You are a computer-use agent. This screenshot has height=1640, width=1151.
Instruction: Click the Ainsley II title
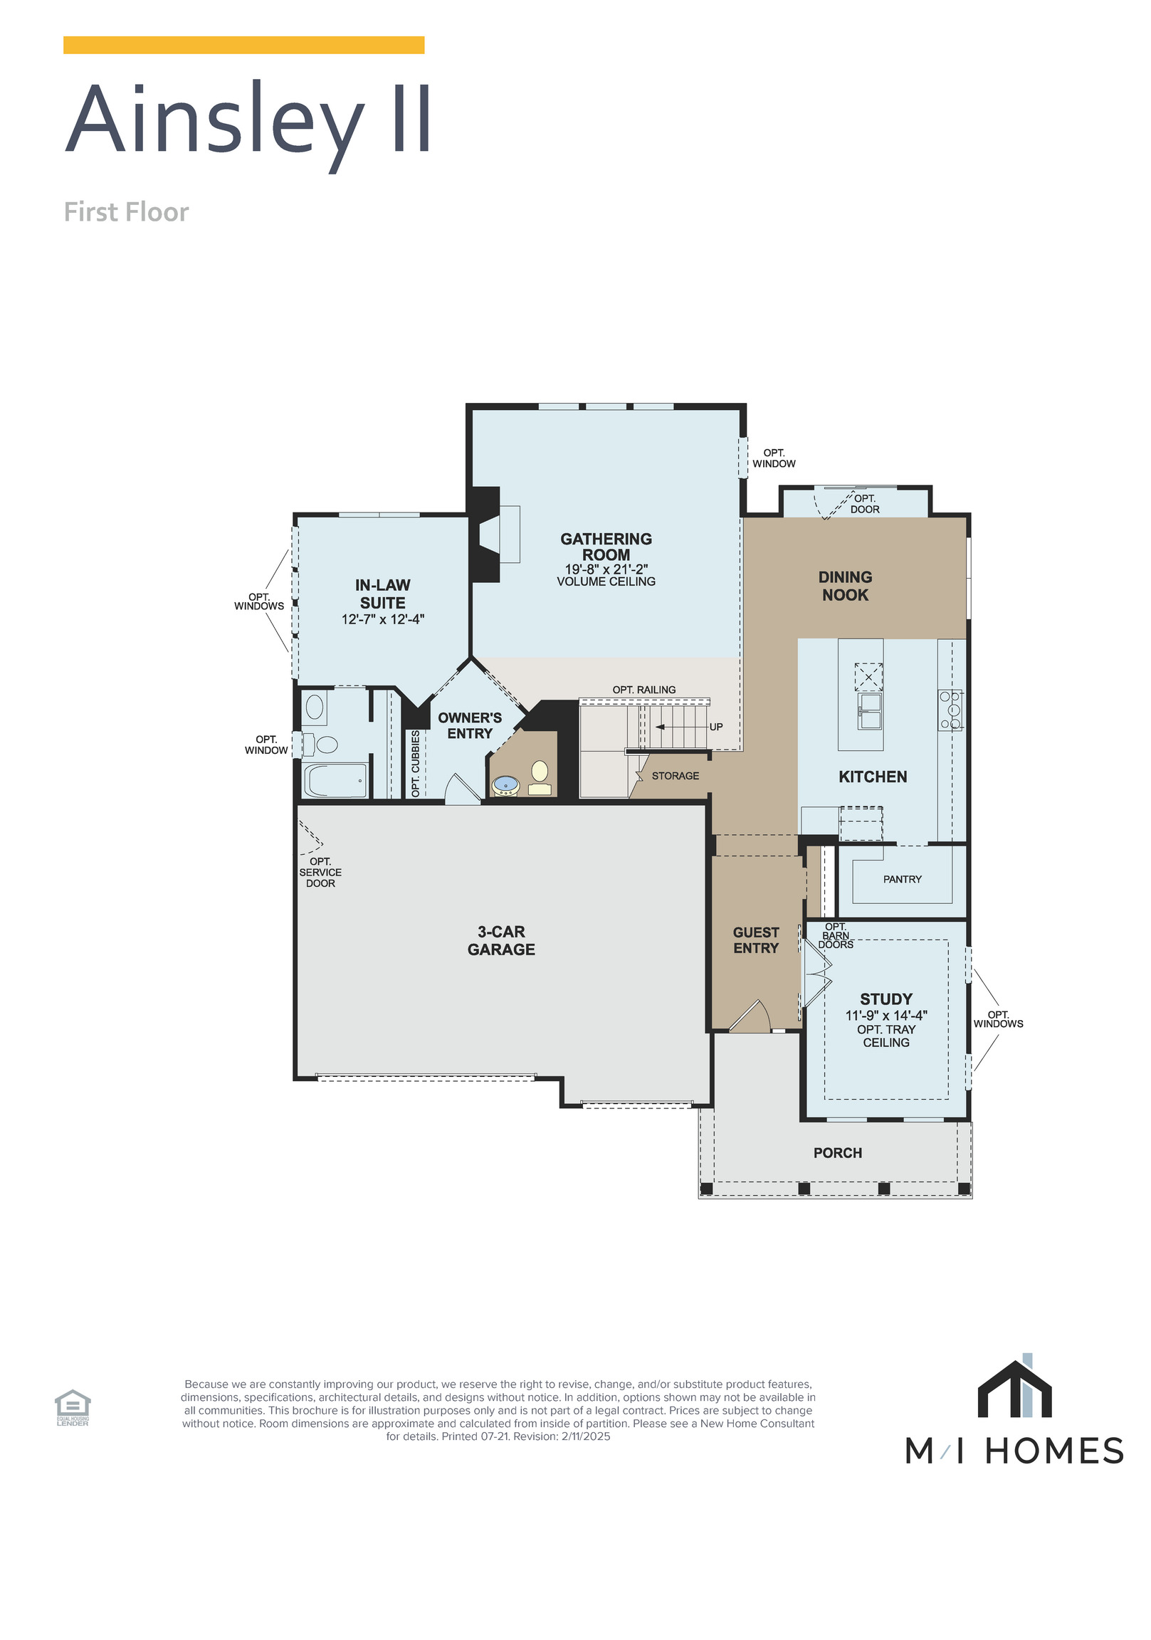[248, 120]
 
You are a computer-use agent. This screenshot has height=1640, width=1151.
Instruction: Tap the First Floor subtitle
[126, 212]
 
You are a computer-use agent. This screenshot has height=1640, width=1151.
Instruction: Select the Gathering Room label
[605, 547]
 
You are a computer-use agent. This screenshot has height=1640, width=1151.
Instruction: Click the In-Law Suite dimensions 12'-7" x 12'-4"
[382, 619]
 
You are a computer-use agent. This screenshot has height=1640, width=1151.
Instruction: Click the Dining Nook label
[844, 586]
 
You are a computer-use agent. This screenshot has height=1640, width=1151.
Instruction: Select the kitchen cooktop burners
[950, 709]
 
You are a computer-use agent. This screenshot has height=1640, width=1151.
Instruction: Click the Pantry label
[902, 879]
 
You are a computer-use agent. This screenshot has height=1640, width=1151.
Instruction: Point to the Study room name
[885, 999]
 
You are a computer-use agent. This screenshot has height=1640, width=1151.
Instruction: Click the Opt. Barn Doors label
[835, 936]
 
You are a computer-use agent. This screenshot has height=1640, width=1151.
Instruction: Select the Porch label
[837, 1152]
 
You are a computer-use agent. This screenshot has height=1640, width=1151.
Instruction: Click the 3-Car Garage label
[501, 940]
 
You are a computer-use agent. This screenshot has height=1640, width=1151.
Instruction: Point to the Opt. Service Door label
[320, 872]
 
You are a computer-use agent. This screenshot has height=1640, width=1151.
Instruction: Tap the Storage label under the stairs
[675, 776]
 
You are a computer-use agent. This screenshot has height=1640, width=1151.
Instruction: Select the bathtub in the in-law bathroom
[335, 781]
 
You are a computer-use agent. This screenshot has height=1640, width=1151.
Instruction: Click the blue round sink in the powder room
[506, 784]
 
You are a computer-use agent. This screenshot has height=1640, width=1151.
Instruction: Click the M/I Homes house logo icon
[1014, 1389]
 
